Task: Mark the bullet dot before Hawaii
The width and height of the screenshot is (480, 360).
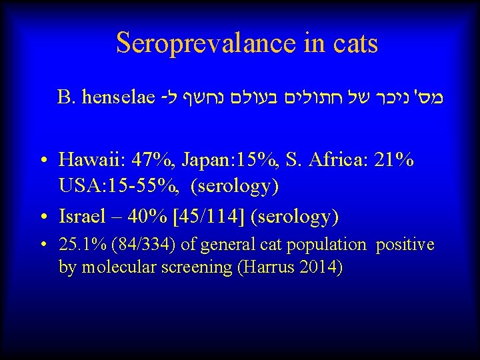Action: pos(43,161)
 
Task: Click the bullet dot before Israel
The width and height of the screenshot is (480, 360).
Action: pos(43,217)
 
